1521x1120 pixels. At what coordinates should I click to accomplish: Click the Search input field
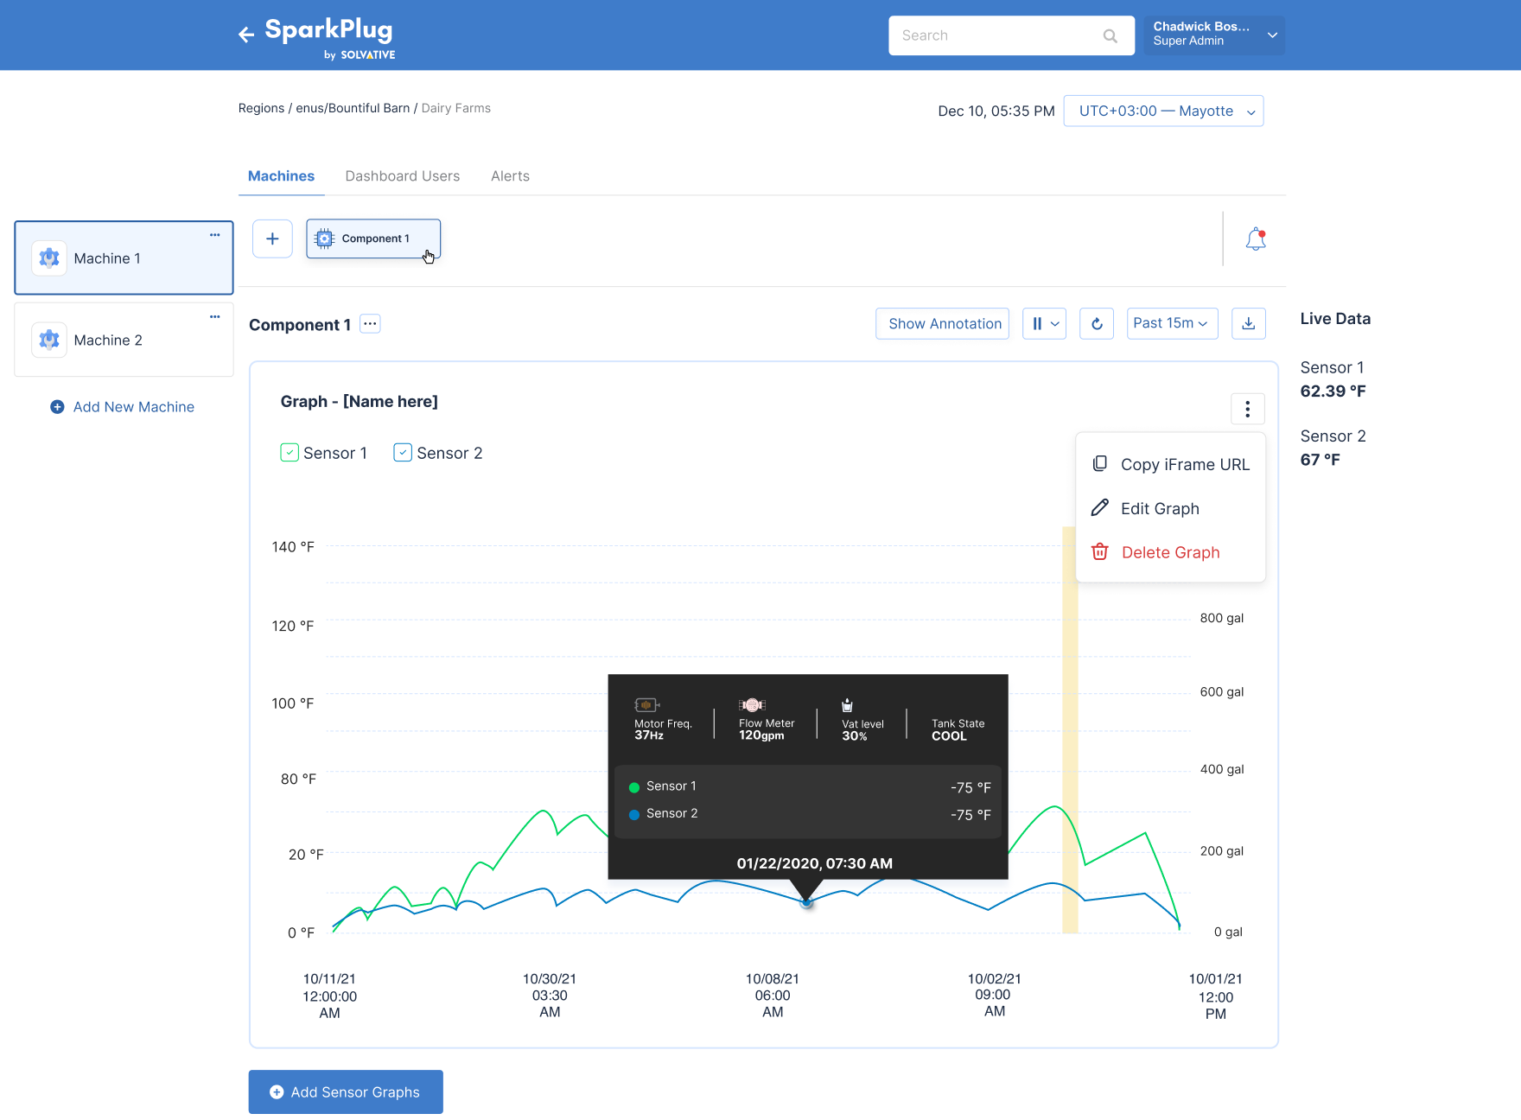pos(1011,35)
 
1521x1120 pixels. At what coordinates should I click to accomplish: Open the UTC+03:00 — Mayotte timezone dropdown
pos(1163,111)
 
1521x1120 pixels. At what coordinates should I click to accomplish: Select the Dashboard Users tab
pos(403,176)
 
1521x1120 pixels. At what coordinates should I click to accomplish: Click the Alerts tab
pos(510,176)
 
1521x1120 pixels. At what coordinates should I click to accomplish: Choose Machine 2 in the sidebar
pos(124,340)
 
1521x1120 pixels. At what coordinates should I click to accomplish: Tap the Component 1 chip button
pos(373,239)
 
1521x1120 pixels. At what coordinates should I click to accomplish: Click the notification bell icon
pos(1256,239)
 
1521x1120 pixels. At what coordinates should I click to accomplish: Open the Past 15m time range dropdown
pos(1172,323)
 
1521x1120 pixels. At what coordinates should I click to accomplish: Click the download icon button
pos(1248,323)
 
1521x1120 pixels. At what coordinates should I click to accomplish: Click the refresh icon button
pos(1097,323)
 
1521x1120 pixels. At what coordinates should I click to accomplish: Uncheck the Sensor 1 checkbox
pos(290,453)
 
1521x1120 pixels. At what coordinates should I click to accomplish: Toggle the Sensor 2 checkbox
pos(403,453)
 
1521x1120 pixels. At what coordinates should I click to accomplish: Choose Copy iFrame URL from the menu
pos(1171,464)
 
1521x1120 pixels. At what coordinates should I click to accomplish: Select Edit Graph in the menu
pos(1146,508)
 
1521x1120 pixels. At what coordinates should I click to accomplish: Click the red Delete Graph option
pos(1156,552)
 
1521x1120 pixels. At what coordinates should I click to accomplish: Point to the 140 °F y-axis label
pos(293,547)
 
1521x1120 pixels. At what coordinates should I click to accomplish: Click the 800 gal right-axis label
pos(1222,618)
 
